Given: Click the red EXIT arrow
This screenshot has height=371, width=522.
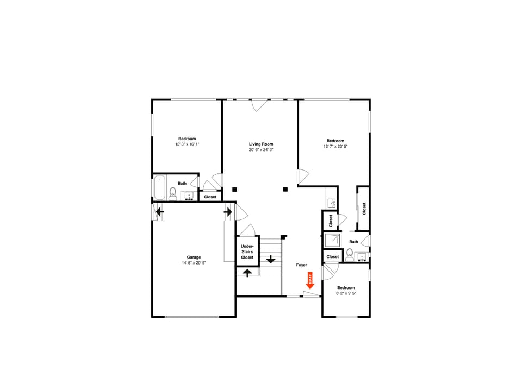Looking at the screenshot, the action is (310, 280).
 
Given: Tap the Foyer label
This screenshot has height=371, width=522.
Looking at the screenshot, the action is (302, 265).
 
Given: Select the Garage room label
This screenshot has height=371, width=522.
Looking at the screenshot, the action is (194, 257).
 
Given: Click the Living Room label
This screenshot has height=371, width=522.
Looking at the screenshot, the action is (261, 144).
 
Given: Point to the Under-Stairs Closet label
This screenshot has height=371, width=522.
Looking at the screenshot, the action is (247, 251).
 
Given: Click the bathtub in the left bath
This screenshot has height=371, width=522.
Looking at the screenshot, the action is (160, 188).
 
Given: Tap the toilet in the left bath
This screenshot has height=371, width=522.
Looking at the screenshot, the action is (173, 194).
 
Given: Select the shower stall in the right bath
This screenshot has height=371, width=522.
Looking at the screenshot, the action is (333, 240).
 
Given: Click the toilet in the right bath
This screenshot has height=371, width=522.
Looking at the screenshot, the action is (350, 255).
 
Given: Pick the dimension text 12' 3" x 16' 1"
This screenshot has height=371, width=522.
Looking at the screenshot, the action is (187, 144).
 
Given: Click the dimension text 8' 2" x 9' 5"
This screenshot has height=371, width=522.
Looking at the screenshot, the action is (346, 293).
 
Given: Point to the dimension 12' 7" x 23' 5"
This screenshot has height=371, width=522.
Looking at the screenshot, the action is (335, 146).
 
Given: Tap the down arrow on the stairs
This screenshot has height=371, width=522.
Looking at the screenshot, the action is (271, 259).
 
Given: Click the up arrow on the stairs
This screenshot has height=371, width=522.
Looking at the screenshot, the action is (247, 273).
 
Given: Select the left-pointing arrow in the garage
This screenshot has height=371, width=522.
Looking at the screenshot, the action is (160, 211).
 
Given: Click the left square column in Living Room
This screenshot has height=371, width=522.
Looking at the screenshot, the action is (234, 190).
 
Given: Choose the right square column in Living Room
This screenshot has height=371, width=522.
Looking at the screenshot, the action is (285, 189).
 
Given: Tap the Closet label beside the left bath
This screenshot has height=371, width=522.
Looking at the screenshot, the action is (210, 197).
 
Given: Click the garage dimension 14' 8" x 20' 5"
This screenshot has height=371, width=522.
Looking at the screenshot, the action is (194, 262).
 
